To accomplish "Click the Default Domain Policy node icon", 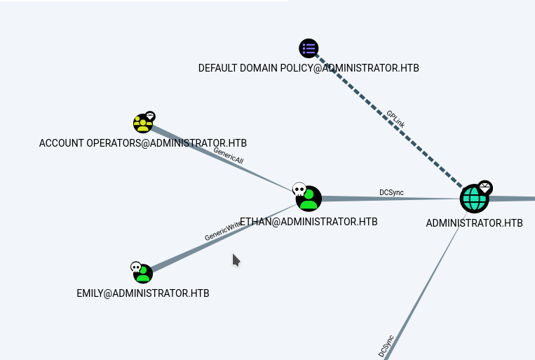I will [x=309, y=48].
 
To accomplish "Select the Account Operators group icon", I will [x=143, y=124].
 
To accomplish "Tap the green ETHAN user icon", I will [x=309, y=199].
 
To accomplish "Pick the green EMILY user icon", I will [x=143, y=273].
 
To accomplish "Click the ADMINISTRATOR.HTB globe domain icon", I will [x=474, y=199].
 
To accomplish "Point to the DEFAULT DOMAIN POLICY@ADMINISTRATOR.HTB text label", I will [x=309, y=68].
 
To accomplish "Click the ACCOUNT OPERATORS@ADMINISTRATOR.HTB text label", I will [x=143, y=143].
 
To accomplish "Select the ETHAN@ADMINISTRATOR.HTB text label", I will [x=309, y=222].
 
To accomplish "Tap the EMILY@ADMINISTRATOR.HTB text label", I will [x=143, y=293].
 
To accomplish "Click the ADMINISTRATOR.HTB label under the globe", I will [x=474, y=223].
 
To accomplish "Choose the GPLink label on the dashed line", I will [x=395, y=118].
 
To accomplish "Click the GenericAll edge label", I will [x=229, y=155].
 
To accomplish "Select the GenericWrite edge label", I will [x=223, y=232].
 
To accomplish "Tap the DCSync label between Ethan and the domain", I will [x=391, y=192].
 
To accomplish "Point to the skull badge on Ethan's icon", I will [x=299, y=189].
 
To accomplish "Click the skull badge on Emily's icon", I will [x=136, y=267].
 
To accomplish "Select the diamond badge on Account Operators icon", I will [x=150, y=116].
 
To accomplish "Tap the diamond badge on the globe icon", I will [x=485, y=188].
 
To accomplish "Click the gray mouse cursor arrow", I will [x=236, y=260].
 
